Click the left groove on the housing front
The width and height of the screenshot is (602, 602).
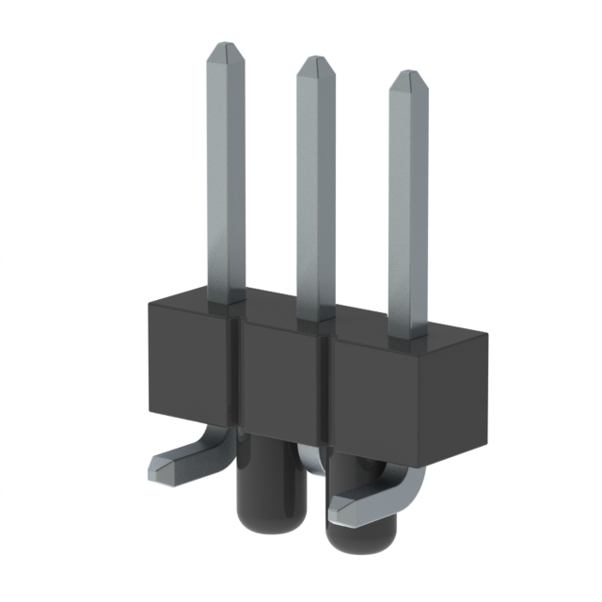click(238, 376)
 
